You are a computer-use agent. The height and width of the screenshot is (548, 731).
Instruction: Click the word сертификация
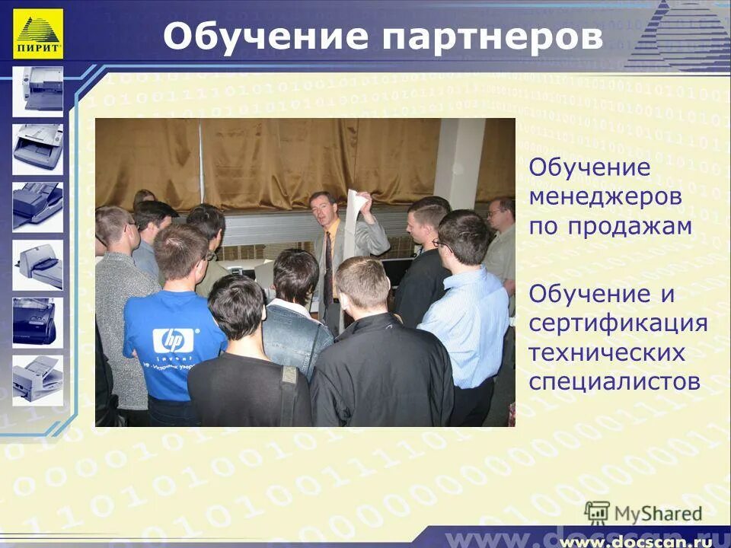tap(618, 323)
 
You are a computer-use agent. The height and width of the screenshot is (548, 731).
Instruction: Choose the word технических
tap(607, 353)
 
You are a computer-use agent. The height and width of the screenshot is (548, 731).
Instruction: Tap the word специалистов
tap(614, 381)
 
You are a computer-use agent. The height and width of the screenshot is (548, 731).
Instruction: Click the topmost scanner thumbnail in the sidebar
tap(37, 88)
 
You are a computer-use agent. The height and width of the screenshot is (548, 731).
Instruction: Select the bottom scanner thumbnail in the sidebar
tap(37, 378)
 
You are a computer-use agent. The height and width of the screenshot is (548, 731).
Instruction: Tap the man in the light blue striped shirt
tap(464, 304)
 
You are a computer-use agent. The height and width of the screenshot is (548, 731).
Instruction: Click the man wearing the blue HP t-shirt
tap(173, 327)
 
